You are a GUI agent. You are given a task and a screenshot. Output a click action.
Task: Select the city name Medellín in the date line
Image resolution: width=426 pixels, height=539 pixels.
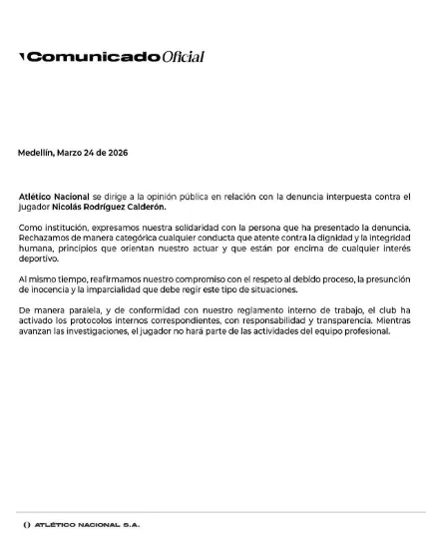(39, 153)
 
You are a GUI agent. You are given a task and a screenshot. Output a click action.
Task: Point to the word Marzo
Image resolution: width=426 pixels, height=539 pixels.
(76, 153)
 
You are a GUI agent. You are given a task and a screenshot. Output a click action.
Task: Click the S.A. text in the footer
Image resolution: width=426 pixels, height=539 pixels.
(132, 525)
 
